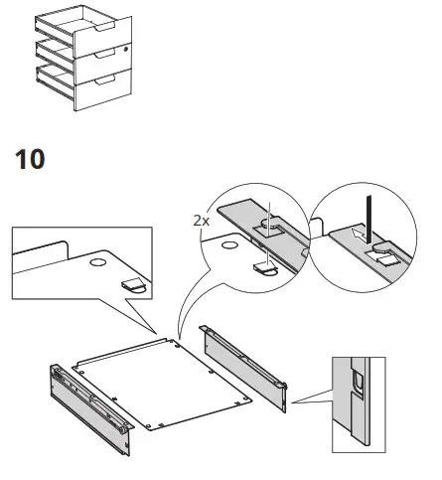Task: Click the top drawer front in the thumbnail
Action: [104, 23]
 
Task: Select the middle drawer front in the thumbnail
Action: [104, 56]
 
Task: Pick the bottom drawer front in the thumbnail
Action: [104, 92]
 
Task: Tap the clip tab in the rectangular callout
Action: [134, 285]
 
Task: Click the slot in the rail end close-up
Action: [354, 383]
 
